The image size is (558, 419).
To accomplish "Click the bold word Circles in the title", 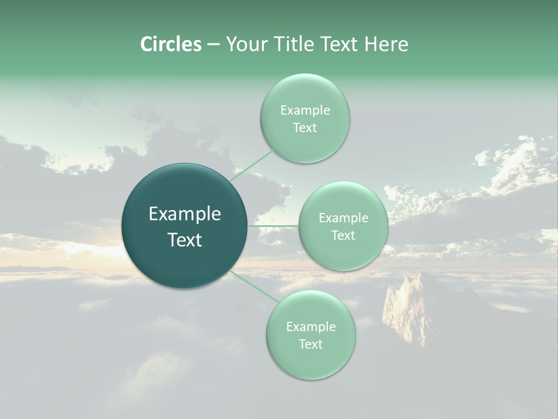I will tap(171, 44).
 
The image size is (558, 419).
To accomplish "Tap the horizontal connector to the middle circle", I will tap(273, 226).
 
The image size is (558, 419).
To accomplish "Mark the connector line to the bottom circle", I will tap(254, 286).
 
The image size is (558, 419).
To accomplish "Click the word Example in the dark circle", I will tap(185, 214).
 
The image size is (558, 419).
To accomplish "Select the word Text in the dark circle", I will tap(185, 240).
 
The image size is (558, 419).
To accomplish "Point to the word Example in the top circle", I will tap(305, 110).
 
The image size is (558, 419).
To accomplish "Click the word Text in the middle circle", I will tap(343, 235).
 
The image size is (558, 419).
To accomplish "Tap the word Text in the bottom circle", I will tap(310, 344).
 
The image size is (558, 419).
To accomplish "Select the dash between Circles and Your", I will tap(213, 44).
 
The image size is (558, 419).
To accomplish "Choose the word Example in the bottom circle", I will tap(311, 326).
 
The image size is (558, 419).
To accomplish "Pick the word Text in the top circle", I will tap(305, 127).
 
